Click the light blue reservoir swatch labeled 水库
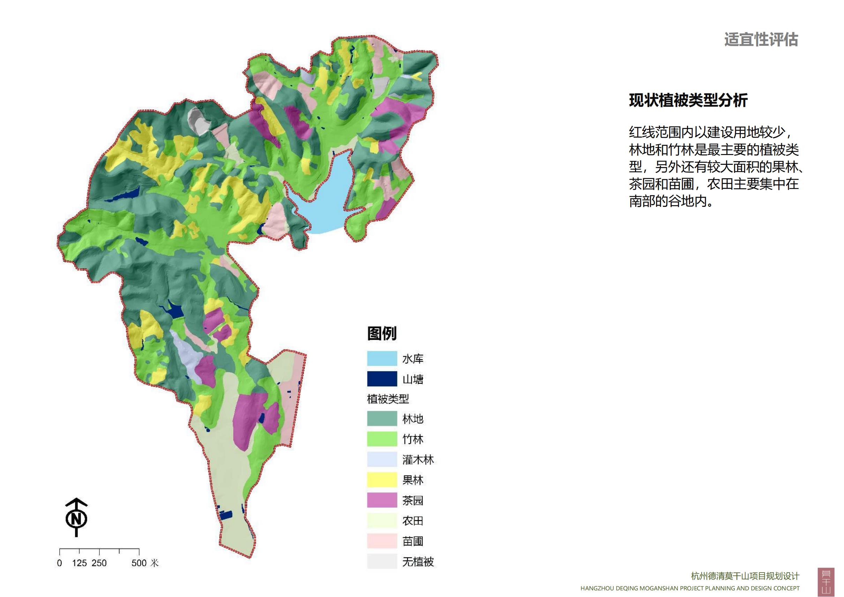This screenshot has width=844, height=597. (x=382, y=358)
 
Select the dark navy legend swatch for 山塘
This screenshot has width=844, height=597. (x=382, y=379)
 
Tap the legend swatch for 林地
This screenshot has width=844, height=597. (x=382, y=418)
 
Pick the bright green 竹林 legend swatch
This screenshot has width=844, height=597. (x=382, y=439)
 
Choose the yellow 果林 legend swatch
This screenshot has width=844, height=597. (x=382, y=480)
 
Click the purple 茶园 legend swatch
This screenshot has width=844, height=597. (x=382, y=500)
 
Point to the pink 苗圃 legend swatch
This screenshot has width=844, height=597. (x=382, y=541)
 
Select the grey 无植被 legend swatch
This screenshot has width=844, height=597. (x=382, y=561)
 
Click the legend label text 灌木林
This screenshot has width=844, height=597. (x=418, y=459)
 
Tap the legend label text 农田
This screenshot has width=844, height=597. (x=413, y=520)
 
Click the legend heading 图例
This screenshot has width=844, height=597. (x=382, y=333)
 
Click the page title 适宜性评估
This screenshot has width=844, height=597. (x=761, y=40)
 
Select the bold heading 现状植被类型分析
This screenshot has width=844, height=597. (x=688, y=100)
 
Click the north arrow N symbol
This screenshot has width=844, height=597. (x=76, y=518)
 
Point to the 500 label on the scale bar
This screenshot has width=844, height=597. (x=139, y=563)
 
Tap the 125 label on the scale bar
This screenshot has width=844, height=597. (x=79, y=563)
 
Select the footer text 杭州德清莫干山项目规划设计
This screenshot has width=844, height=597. (x=745, y=576)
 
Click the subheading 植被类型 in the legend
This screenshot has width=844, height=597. (x=388, y=399)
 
